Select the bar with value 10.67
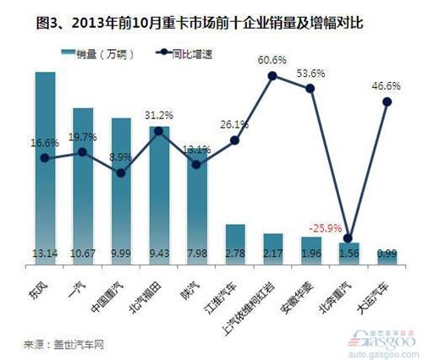(82, 182)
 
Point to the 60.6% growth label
(272, 60)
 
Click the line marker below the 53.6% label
(310, 88)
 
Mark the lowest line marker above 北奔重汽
(349, 238)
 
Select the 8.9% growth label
(120, 157)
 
